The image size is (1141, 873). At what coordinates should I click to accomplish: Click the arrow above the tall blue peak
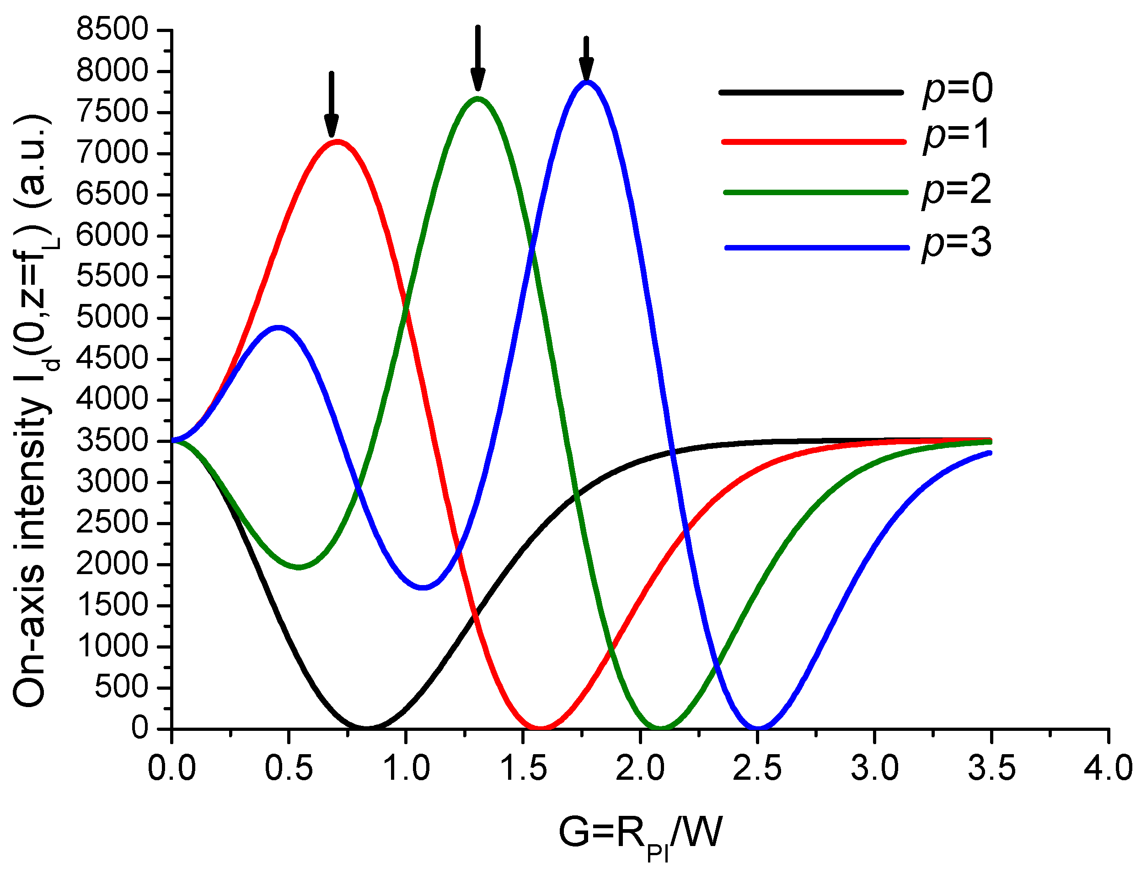click(586, 59)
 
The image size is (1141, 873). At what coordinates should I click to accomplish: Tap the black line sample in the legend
click(811, 92)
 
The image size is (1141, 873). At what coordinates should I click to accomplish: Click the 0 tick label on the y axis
click(139, 729)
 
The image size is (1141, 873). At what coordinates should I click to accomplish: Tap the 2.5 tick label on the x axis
click(757, 768)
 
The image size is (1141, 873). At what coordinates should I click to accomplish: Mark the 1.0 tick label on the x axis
click(406, 768)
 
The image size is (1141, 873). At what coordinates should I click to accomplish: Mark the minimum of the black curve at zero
click(367, 727)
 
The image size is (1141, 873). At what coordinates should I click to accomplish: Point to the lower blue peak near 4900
click(279, 327)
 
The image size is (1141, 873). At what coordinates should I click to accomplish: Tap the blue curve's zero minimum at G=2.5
click(758, 727)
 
